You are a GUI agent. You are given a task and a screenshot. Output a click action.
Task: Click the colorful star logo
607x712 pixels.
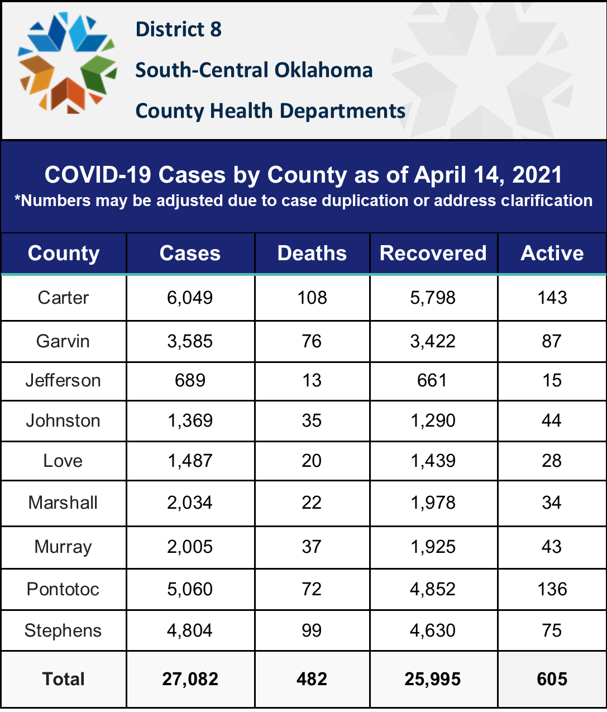68,63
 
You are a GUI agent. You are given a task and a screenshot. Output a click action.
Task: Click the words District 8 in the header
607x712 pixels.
179,29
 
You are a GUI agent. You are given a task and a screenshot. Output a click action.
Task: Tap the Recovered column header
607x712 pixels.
433,253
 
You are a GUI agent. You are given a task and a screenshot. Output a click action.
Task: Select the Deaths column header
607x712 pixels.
312,253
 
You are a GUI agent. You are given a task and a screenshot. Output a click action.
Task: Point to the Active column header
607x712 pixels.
552,253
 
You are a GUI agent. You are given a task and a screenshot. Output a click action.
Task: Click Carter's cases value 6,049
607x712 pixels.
190,298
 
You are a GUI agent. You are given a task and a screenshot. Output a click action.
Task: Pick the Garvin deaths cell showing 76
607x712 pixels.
312,341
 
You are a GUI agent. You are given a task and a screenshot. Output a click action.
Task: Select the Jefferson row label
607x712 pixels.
63,381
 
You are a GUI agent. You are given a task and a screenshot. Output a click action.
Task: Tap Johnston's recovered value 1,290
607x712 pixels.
433,420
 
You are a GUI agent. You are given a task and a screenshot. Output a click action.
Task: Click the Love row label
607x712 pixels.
63,461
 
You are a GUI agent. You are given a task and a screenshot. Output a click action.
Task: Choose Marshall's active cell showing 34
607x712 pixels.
552,503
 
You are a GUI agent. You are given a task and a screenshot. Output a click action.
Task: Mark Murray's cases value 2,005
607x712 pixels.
190,547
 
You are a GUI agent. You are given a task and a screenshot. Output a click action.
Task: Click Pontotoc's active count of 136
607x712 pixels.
552,589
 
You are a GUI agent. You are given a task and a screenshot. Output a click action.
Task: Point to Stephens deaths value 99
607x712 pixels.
312,630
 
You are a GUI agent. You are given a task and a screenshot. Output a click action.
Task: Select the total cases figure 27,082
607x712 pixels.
190,679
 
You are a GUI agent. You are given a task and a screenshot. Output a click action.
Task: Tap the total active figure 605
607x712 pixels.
552,679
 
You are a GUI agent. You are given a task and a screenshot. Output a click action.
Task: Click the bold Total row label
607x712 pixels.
63,679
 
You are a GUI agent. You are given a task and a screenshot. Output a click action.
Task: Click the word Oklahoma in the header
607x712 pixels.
323,70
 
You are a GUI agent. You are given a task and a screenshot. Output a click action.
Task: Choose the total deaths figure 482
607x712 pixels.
312,679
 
